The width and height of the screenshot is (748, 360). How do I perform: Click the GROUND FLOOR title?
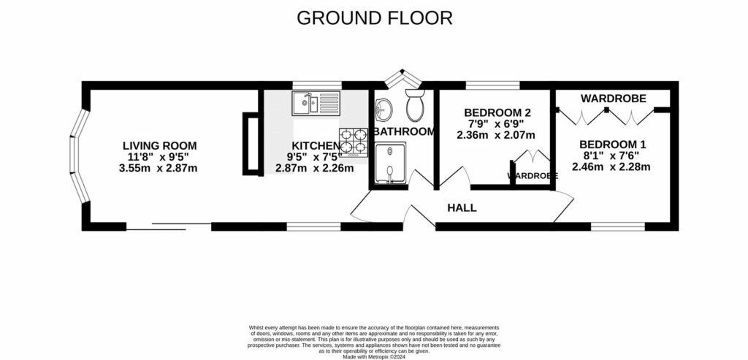pyautogui.click(x=374, y=18)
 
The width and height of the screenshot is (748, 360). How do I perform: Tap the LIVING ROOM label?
pyautogui.click(x=159, y=146)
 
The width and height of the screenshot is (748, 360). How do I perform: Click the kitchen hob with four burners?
pyautogui.click(x=354, y=142)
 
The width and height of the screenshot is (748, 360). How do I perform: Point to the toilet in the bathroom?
pyautogui.click(x=416, y=107)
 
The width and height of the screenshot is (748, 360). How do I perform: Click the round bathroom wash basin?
pyautogui.click(x=383, y=111)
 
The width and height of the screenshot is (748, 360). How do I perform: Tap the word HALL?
pyautogui.click(x=462, y=208)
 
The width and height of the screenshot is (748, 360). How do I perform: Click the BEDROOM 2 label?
pyautogui.click(x=497, y=113)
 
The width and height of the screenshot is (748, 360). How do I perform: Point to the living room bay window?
pyautogui.click(x=79, y=158)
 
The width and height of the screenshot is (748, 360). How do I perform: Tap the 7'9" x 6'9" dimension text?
pyautogui.click(x=497, y=124)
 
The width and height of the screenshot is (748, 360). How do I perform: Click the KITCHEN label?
pyautogui.click(x=316, y=146)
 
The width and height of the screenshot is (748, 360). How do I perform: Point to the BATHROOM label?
pyautogui.click(x=404, y=132)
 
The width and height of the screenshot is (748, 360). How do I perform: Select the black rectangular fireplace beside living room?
pyautogui.click(x=251, y=143)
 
